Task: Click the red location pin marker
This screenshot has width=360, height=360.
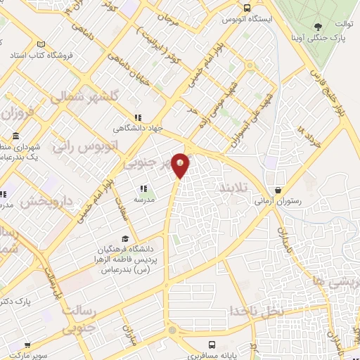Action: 181,165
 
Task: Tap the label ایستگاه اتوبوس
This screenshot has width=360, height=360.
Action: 248,19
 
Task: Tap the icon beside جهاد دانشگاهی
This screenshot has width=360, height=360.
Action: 139,118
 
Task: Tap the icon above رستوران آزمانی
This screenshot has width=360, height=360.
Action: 278,190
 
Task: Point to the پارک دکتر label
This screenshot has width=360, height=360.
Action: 20,300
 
